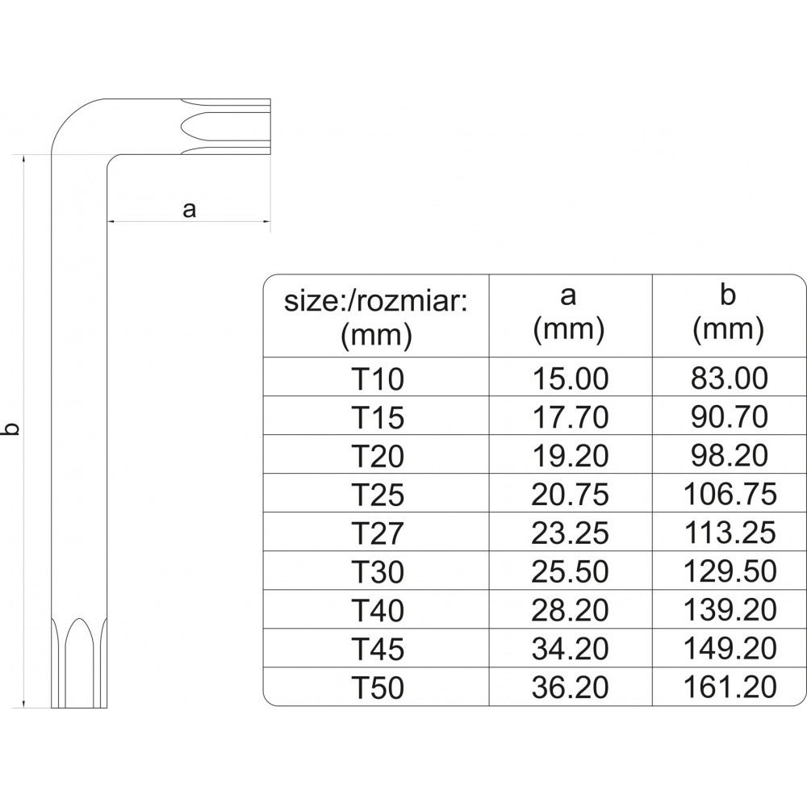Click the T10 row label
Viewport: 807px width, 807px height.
pos(377,378)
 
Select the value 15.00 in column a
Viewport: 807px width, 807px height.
pos(570,378)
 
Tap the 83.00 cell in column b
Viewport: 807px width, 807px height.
pos(730,378)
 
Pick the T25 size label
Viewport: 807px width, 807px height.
pos(377,495)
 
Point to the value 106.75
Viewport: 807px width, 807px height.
pos(730,494)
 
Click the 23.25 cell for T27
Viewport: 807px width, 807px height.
pos(570,533)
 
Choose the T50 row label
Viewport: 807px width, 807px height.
pos(377,688)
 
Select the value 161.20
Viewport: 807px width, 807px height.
pos(730,687)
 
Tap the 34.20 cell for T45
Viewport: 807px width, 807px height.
pos(570,649)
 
